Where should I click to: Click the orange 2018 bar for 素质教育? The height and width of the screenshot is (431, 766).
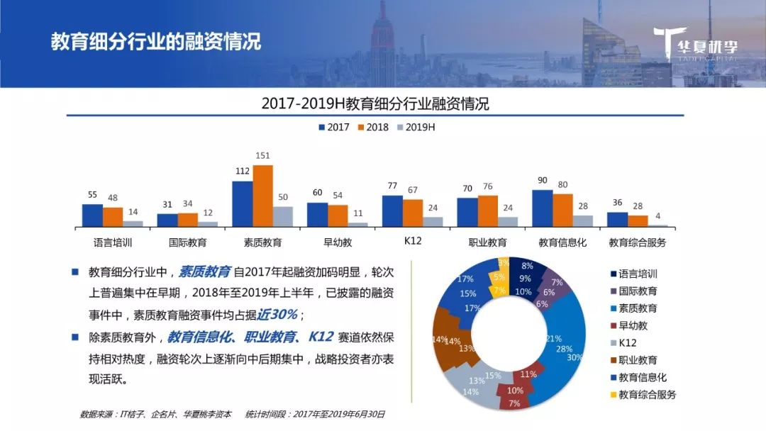tap(262, 196)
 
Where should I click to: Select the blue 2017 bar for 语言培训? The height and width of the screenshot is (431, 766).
tap(92, 215)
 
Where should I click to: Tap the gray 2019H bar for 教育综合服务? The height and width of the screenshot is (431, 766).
tap(657, 225)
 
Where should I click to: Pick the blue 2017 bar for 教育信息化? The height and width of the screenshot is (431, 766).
tap(543, 208)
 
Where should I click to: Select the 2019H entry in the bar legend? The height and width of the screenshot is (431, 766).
tap(421, 127)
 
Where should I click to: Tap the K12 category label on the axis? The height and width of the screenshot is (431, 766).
tap(413, 241)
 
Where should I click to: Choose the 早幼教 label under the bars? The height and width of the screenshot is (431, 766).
tap(338, 242)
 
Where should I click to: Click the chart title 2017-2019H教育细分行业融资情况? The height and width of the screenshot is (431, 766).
tap(375, 103)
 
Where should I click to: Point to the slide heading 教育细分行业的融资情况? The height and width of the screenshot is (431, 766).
tap(155, 41)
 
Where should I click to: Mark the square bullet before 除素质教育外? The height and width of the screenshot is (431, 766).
tap(75, 336)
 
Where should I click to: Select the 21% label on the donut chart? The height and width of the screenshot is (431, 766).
tap(554, 338)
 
